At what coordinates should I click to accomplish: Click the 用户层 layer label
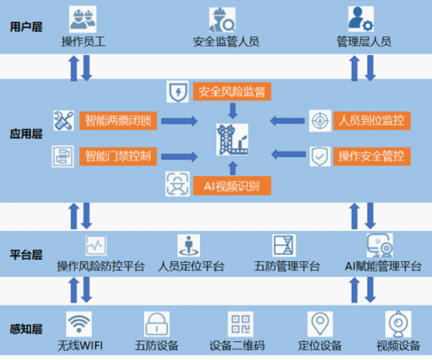[x=26, y=27]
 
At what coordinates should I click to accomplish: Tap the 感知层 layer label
[x=26, y=330]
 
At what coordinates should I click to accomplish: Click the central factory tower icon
[x=230, y=140]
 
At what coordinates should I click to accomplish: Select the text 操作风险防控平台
[x=100, y=267]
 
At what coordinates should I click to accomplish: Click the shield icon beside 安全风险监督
[x=177, y=92]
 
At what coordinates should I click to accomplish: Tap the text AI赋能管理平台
[x=383, y=267]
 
